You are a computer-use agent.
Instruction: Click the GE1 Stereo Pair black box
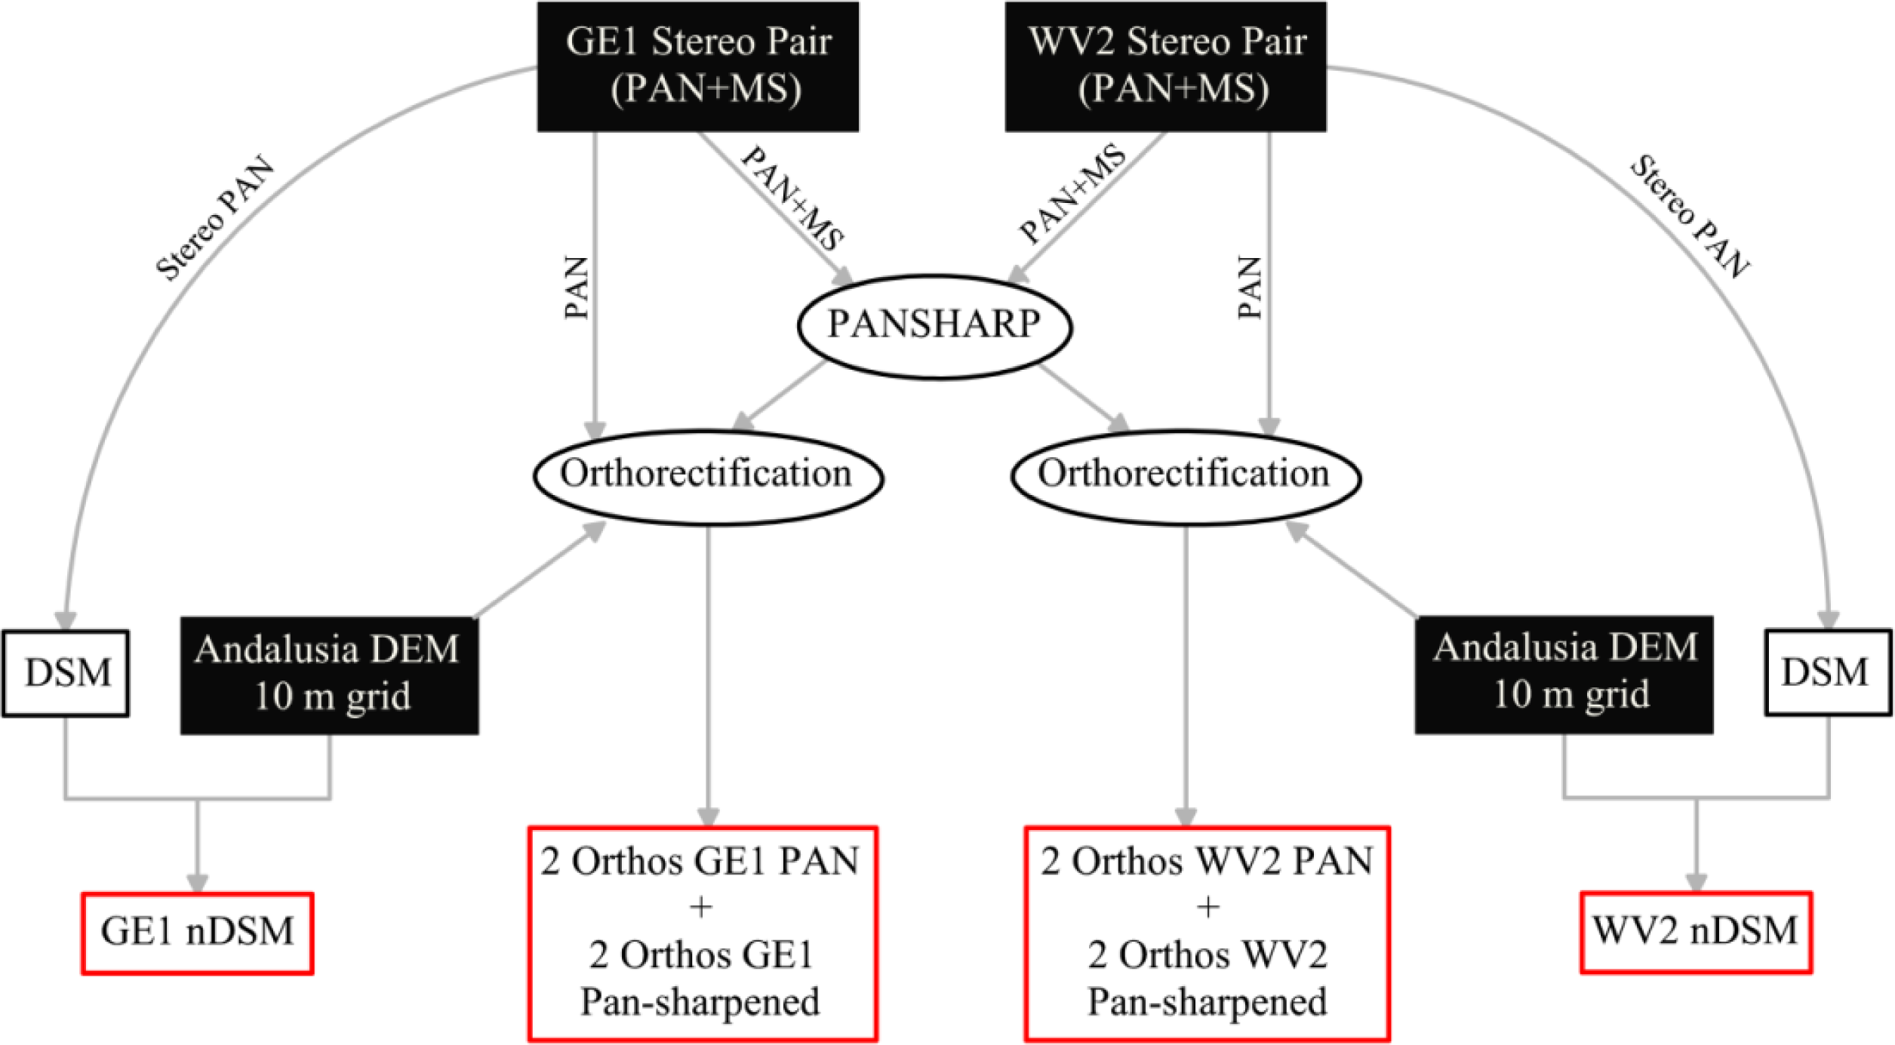(697, 66)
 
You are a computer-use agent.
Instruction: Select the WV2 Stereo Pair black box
(1165, 66)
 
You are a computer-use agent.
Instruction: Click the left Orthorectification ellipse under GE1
(708, 475)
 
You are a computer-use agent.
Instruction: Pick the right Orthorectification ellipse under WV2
(1185, 475)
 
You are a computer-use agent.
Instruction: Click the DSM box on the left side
(66, 672)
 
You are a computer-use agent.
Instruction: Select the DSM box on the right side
(1827, 672)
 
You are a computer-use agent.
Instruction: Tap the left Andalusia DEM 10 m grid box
(329, 674)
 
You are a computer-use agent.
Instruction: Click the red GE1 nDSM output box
(198, 933)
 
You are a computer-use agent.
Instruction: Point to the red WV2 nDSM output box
(1696, 932)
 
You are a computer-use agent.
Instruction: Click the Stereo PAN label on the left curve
(215, 219)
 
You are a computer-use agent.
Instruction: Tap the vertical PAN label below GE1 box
(577, 288)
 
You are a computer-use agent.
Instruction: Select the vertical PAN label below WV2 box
(1251, 288)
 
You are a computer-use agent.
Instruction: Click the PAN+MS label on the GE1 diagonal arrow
(792, 198)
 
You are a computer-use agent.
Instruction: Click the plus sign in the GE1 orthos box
(701, 906)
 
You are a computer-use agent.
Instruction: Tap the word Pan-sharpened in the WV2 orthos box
(1207, 1002)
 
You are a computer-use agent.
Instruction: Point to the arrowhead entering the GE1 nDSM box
(198, 883)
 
